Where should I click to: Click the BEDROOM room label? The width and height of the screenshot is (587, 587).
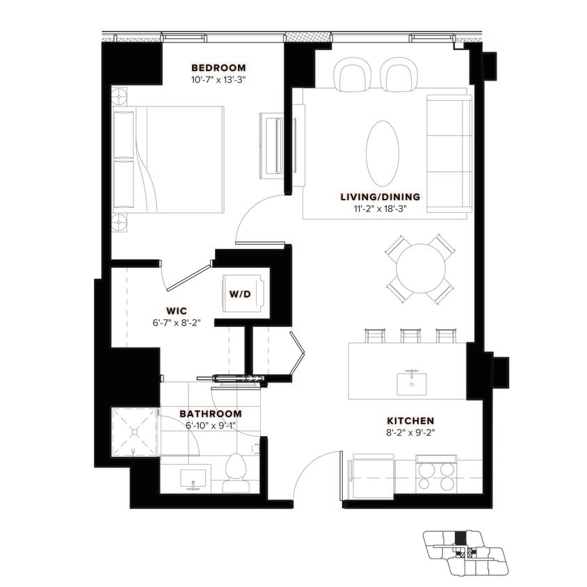coord(218,67)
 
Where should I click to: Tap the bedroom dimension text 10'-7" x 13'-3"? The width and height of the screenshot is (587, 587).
coord(218,79)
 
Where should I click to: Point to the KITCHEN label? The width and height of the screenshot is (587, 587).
coord(410,421)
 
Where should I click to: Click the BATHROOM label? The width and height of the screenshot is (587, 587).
coord(211,413)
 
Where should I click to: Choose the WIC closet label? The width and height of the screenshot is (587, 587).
coord(176,310)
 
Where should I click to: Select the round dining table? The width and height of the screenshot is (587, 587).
coord(421,268)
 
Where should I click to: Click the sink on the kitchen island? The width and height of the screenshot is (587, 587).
coord(412,381)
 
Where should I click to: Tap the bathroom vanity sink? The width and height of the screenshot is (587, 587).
coord(193,480)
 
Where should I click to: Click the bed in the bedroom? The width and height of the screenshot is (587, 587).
coord(168,159)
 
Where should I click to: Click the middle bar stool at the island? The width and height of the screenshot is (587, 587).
coord(410,335)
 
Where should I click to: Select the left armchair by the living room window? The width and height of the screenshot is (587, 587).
coord(353,75)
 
